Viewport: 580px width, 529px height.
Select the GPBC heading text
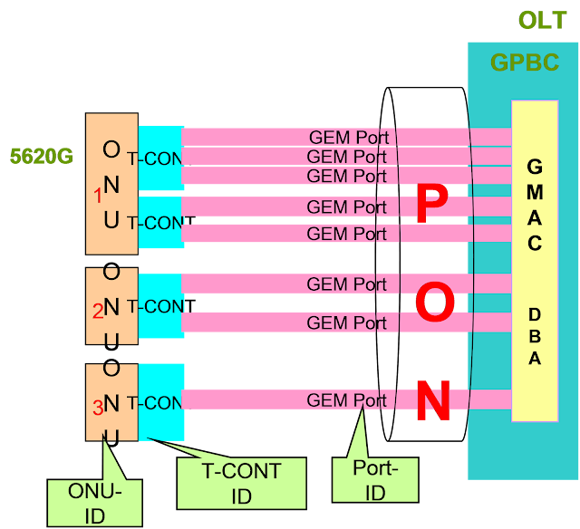coord(525,63)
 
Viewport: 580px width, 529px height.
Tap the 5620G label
coord(42,157)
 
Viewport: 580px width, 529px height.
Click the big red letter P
coord(432,205)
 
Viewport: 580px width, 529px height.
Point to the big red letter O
coord(435,303)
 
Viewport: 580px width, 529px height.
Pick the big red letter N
coord(433,402)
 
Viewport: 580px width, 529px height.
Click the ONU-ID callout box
coord(94,502)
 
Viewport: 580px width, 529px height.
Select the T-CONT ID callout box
coord(241,483)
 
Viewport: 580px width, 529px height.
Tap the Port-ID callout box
coord(374,479)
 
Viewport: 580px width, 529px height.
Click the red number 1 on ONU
coord(98,195)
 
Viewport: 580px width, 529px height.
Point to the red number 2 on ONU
coord(98,312)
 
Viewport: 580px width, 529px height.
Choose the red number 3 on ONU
coord(98,409)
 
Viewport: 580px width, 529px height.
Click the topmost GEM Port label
coord(349,138)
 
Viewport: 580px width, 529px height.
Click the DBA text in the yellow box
coord(535,336)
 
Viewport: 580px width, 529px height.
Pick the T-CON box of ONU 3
coord(161,402)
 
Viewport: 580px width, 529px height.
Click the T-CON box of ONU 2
coord(161,306)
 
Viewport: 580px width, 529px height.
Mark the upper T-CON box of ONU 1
coord(161,159)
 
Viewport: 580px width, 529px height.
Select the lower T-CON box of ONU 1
coord(161,222)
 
